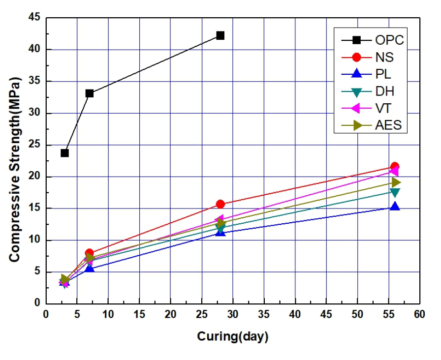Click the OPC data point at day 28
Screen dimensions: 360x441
[220, 35]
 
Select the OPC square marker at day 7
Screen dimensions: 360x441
[89, 93]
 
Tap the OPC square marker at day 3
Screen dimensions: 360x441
[64, 153]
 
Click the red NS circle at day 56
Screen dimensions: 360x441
[394, 167]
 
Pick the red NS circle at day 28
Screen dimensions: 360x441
[220, 204]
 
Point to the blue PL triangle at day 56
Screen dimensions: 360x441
[394, 207]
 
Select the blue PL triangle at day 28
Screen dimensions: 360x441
[220, 232]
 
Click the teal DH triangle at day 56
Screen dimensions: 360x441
[394, 192]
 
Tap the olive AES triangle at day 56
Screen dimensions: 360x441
[395, 182]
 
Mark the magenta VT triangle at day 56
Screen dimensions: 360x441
[393, 171]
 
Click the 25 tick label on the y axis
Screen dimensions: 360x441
[34, 145]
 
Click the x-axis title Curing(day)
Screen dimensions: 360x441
[232, 337]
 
